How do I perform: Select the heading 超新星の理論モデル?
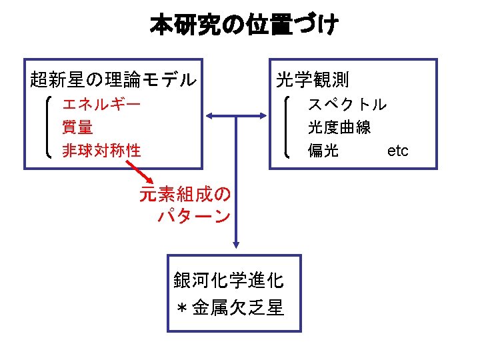click(x=113, y=81)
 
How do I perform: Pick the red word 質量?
click(x=77, y=127)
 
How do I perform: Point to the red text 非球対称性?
click(x=101, y=150)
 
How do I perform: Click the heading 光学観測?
click(x=312, y=81)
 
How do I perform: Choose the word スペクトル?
click(x=347, y=104)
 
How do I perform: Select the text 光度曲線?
click(x=339, y=127)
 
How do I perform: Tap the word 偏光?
click(x=323, y=150)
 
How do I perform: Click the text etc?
click(x=397, y=151)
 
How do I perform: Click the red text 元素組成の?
click(x=185, y=194)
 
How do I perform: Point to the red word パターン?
click(x=194, y=217)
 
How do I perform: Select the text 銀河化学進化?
click(x=229, y=280)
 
